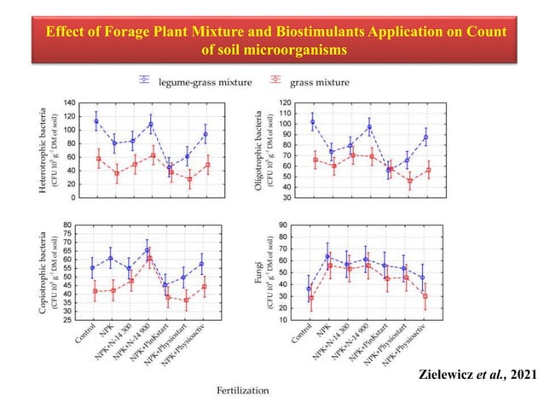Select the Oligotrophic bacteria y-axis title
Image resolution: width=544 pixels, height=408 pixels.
tap(263, 149)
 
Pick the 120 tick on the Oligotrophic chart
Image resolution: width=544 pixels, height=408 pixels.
tap(286, 102)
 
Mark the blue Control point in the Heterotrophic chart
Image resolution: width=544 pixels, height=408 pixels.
tap(96, 120)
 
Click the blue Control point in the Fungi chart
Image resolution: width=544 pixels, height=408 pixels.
tap(310, 289)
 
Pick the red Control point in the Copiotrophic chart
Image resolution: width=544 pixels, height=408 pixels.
tap(93, 292)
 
